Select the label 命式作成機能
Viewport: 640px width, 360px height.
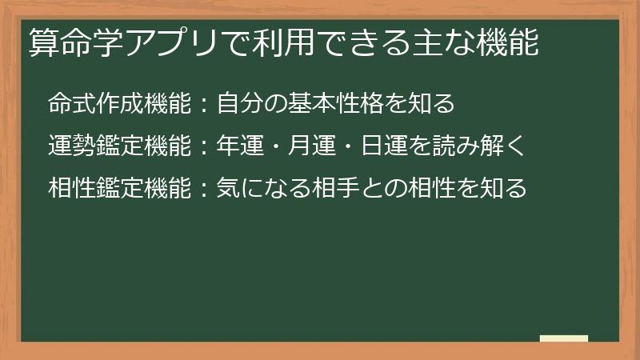[x=119, y=103]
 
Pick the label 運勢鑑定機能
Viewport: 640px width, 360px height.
[x=119, y=146]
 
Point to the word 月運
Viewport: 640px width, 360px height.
[x=323, y=146]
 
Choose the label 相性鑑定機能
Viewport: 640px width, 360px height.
[x=119, y=189]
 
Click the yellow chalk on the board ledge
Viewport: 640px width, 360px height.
[x=564, y=338]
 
